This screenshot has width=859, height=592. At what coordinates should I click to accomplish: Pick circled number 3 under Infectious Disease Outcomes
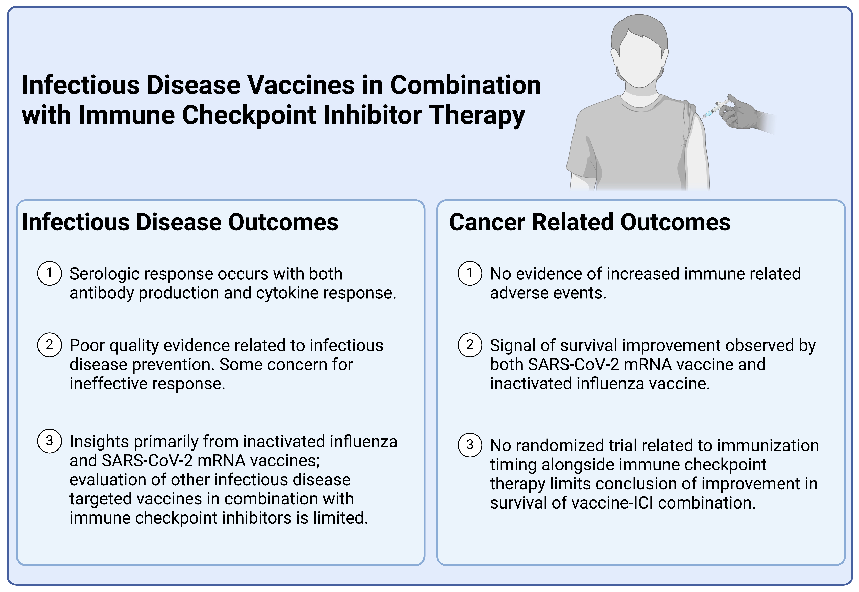point(49,441)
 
